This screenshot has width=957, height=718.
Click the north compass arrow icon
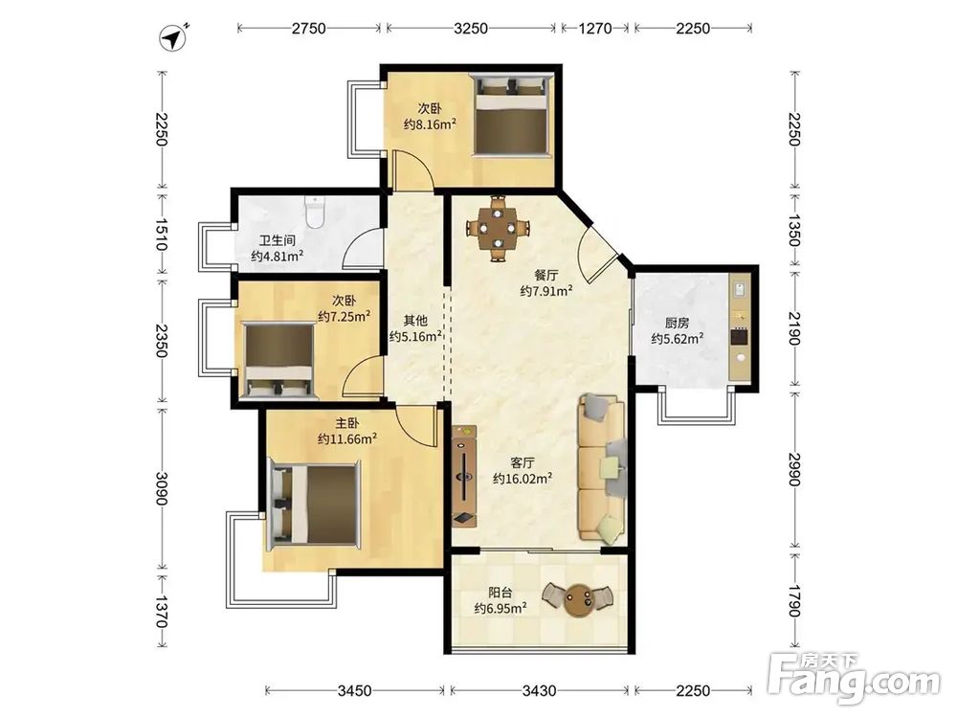point(174,37)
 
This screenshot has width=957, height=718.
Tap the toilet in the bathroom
point(315,212)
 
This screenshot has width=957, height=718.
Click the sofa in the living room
point(602,468)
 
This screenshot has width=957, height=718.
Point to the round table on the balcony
point(577,599)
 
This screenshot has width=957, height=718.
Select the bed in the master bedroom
point(314,505)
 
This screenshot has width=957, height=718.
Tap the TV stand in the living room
point(464,476)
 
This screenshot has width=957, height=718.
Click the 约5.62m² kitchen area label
point(677,338)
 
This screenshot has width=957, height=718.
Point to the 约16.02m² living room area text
point(523,478)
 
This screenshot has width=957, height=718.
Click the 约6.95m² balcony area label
point(501,608)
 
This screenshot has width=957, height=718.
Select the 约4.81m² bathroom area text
point(278,257)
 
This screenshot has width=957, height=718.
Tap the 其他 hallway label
point(415,320)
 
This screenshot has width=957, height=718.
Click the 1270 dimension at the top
point(594,28)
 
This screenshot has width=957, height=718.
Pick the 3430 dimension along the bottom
point(540,690)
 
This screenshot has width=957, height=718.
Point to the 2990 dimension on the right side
point(793,469)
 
